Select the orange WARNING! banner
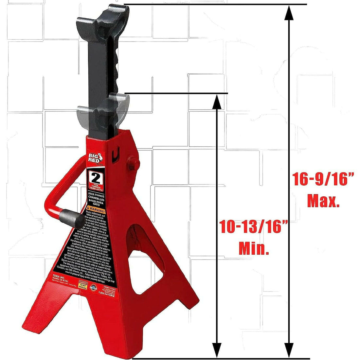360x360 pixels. tap(96, 208)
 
